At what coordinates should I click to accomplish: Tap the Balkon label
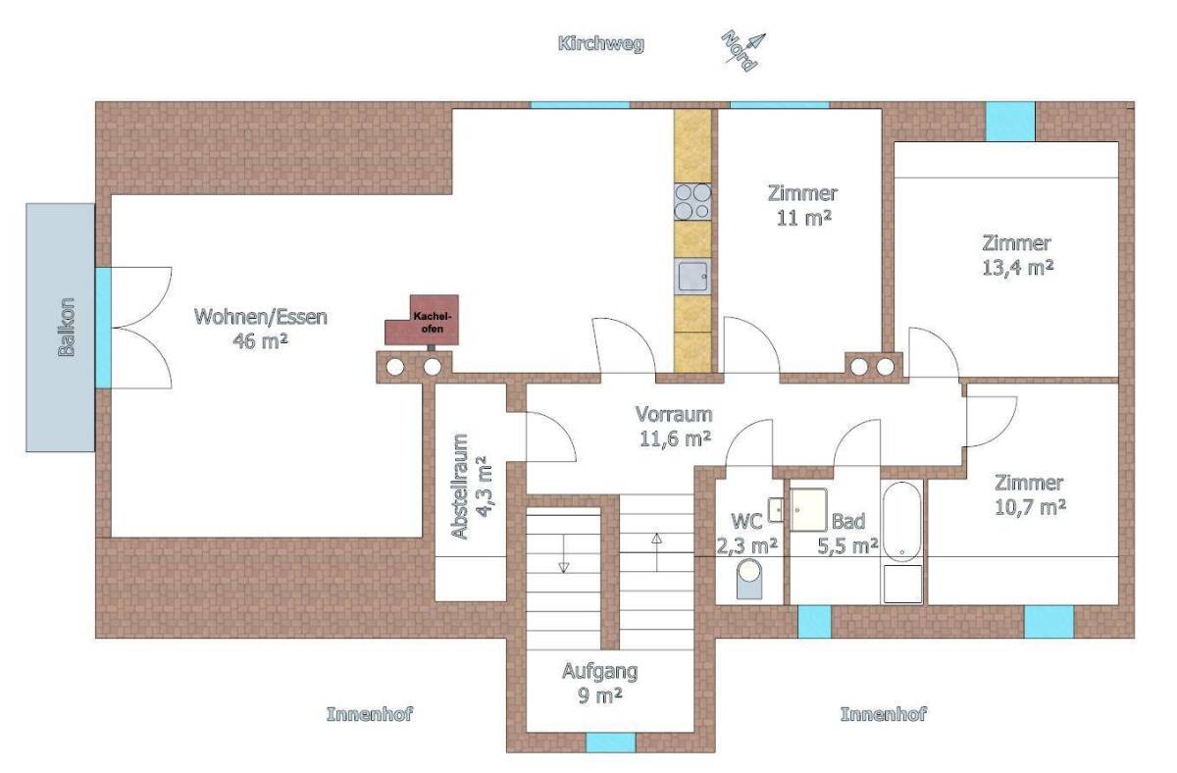tap(67, 328)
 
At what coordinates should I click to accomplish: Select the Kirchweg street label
tap(600, 44)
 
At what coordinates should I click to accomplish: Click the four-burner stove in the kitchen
tap(692, 202)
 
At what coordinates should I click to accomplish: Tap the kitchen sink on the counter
tap(692, 277)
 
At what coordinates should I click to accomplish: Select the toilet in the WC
tap(749, 579)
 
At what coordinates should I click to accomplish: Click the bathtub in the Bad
tap(901, 522)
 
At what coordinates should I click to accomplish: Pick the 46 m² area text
tap(260, 341)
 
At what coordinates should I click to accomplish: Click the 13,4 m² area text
tap(1017, 268)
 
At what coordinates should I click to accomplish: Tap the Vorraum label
tap(674, 415)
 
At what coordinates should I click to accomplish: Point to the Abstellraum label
tap(461, 487)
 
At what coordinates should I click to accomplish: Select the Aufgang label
tap(599, 671)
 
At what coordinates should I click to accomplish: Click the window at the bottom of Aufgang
tap(610, 743)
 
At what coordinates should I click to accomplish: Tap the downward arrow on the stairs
tap(564, 553)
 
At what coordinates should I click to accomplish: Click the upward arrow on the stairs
tap(657, 552)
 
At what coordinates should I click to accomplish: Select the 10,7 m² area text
tap(1030, 507)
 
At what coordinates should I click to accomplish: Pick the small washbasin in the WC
tap(776, 509)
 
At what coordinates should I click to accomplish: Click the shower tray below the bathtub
tap(902, 584)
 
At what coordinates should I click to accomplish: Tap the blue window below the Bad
tap(814, 622)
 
